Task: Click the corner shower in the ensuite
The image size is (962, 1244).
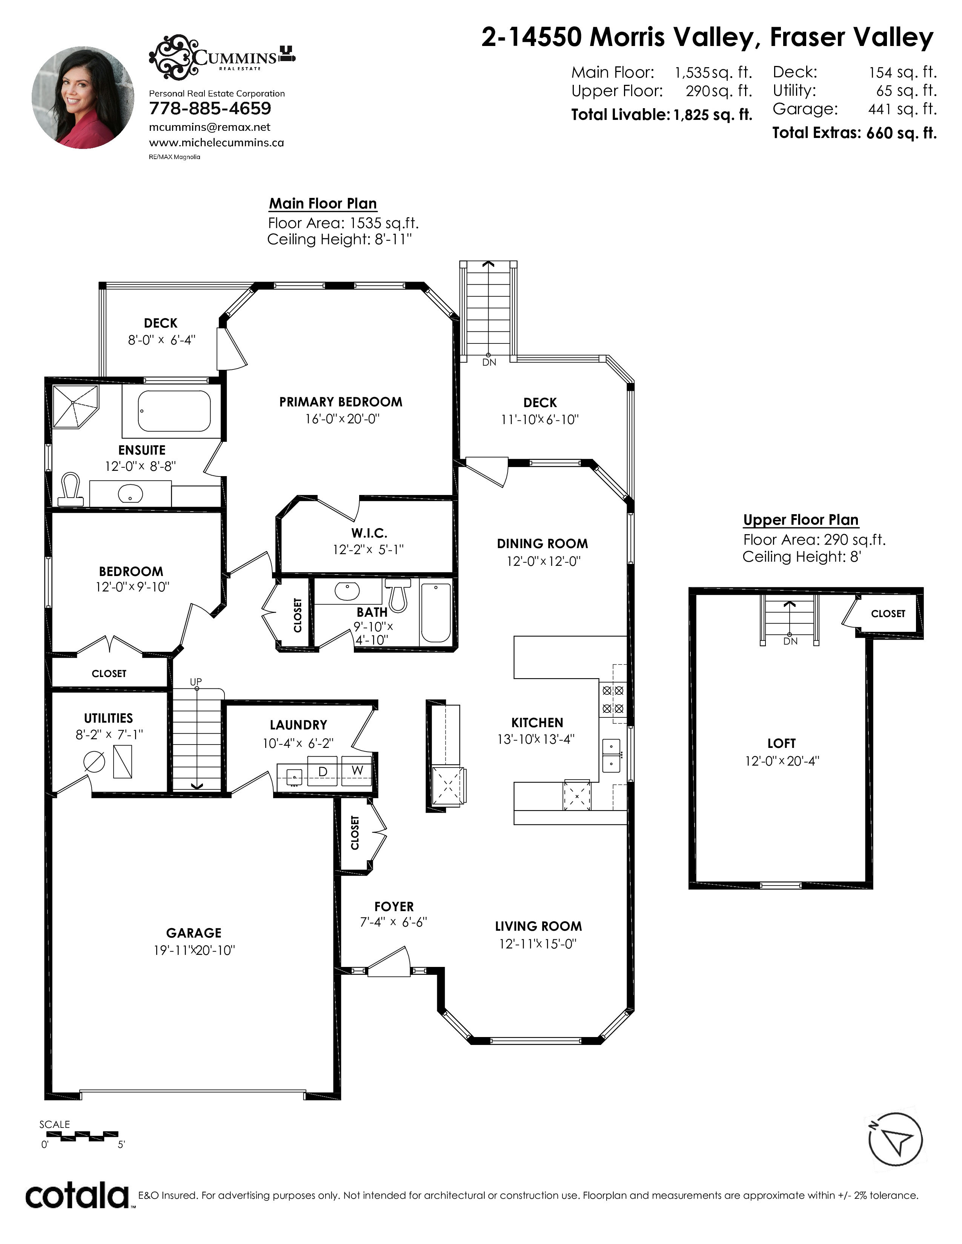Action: [75, 407]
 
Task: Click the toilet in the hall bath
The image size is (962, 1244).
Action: [398, 594]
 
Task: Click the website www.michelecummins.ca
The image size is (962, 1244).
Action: [217, 142]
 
